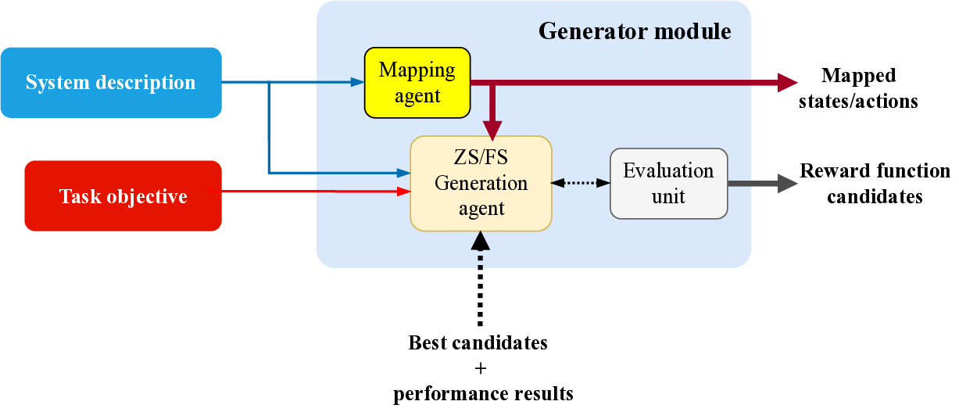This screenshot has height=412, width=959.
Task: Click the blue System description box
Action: click(x=111, y=83)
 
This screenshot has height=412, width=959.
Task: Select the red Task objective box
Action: click(x=123, y=195)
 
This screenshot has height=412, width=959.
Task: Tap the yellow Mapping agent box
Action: click(x=417, y=82)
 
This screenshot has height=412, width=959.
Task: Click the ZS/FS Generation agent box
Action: click(x=481, y=184)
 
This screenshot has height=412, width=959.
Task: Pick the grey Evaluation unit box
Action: click(x=668, y=184)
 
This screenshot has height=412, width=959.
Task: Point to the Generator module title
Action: click(x=635, y=31)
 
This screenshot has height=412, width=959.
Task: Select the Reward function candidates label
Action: click(x=875, y=184)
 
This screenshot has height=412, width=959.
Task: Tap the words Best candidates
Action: click(x=478, y=342)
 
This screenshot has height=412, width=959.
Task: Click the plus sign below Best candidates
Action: click(x=480, y=367)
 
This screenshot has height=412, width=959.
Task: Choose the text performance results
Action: click(x=483, y=393)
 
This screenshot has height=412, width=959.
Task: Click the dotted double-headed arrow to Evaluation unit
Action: click(x=581, y=183)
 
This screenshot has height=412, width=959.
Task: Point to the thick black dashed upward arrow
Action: click(x=480, y=281)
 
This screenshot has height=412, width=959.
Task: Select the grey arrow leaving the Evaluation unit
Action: click(x=762, y=185)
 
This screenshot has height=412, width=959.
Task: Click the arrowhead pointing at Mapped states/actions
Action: click(x=786, y=81)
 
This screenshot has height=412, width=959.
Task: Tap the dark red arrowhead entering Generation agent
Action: click(x=492, y=128)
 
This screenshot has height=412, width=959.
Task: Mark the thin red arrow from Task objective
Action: click(x=313, y=191)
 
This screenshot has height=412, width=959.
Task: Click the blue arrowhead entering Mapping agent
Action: click(x=358, y=82)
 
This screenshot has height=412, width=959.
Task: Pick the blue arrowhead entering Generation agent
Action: click(x=404, y=173)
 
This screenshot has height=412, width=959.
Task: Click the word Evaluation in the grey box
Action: click(x=668, y=171)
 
